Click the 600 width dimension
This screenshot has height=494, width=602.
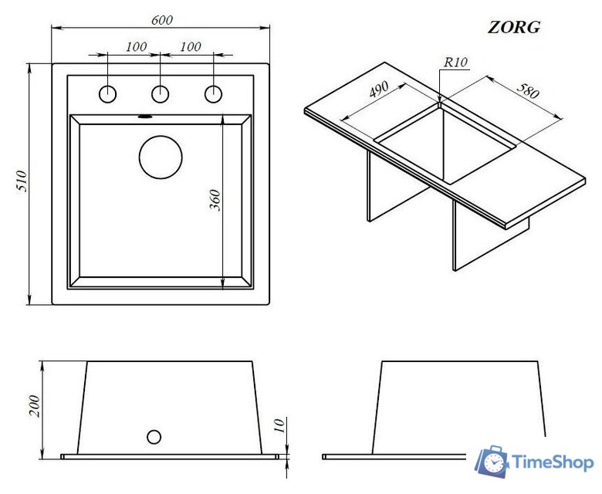point(162,20)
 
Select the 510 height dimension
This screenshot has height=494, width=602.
point(22,181)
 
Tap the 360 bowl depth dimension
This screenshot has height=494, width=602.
point(215,200)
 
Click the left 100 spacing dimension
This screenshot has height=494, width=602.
point(137,46)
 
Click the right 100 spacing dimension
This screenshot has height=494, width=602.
point(191,46)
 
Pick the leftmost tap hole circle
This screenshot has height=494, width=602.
point(107,94)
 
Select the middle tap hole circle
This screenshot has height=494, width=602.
point(160,94)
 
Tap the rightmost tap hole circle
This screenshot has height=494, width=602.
point(213,94)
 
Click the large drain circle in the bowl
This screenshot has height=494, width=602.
point(161,157)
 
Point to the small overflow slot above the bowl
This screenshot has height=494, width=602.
point(145,117)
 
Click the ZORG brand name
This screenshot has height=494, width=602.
point(514,27)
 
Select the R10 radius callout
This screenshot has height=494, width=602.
point(455,63)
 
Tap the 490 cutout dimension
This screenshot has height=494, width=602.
point(378,90)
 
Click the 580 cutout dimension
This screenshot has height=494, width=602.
point(528,90)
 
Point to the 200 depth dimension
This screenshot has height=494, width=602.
point(34,406)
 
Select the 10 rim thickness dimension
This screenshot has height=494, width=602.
point(280,425)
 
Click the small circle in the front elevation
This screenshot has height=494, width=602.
point(154,437)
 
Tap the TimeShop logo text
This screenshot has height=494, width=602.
point(553,462)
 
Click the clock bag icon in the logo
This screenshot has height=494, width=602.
point(492,462)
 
